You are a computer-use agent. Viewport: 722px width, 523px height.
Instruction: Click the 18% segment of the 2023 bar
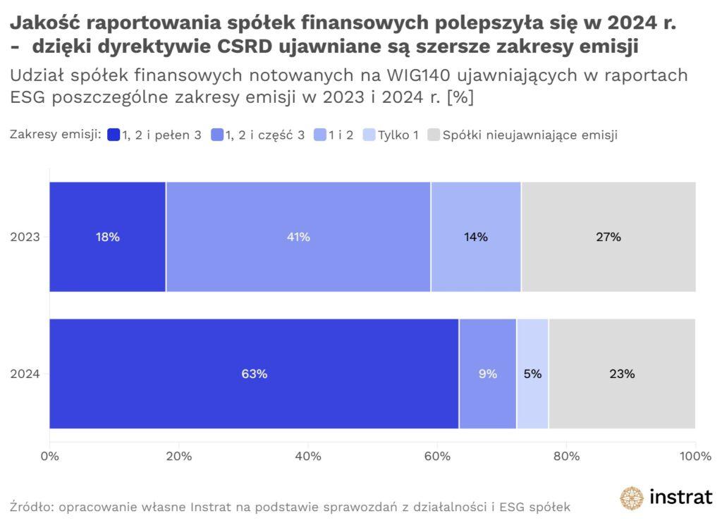107,237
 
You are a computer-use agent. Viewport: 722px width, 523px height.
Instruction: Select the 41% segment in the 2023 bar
298,237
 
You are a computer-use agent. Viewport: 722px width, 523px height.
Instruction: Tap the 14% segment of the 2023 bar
476,237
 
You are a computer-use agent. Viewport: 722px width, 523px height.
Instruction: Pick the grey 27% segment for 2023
608,237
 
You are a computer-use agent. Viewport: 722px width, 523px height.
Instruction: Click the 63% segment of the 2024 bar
254,374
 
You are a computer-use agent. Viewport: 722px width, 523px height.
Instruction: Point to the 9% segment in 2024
487,374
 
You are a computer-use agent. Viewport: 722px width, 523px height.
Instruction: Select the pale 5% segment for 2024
532,374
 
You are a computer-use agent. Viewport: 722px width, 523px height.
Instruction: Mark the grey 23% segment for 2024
622,374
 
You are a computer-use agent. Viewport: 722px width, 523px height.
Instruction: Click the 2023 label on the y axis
25,237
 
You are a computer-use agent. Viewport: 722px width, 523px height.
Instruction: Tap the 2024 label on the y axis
25,374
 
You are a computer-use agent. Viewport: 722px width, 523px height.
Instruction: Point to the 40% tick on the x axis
308,456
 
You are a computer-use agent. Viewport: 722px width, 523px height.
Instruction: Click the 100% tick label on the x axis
695,456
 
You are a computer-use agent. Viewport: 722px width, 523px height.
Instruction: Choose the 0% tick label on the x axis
49,456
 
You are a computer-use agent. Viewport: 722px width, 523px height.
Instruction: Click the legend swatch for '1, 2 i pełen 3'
114,135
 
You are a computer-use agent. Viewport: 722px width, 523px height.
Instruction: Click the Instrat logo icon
632,498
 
